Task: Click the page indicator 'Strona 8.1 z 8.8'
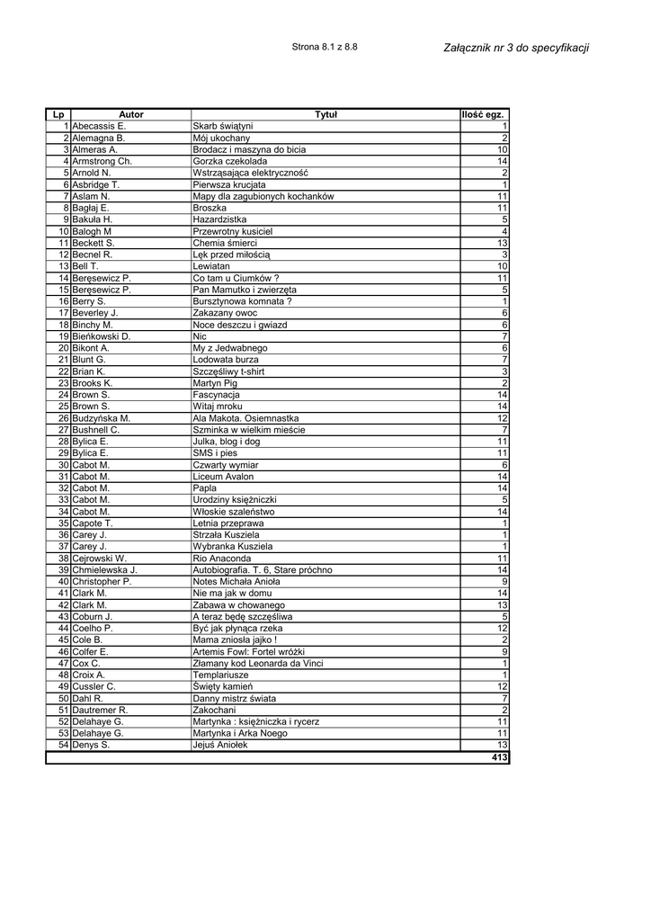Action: [x=325, y=47]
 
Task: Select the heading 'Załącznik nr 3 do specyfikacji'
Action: [x=516, y=48]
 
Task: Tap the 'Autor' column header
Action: [x=131, y=115]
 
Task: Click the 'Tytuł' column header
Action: [x=325, y=115]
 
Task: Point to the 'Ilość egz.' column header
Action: [x=484, y=115]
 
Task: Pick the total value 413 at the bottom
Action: [x=500, y=758]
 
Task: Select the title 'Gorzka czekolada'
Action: [x=230, y=162]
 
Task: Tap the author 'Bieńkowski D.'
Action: [x=102, y=336]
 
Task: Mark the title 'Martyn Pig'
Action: [x=217, y=383]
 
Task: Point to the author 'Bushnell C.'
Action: [x=96, y=430]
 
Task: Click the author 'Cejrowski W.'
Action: [x=100, y=559]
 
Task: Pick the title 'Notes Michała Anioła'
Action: [x=236, y=582]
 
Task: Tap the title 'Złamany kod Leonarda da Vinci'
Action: [x=259, y=664]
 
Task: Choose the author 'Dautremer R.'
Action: [x=101, y=711]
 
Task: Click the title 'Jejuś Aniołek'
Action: [x=223, y=746]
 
